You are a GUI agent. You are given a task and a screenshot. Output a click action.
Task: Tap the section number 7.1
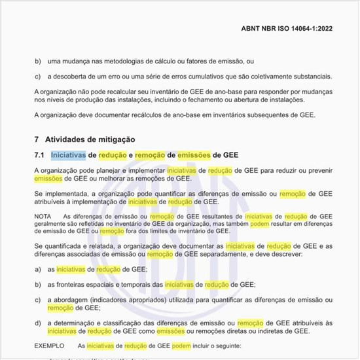pos(40,155)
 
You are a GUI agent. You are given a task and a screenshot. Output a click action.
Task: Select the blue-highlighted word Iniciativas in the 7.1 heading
pos(69,155)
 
